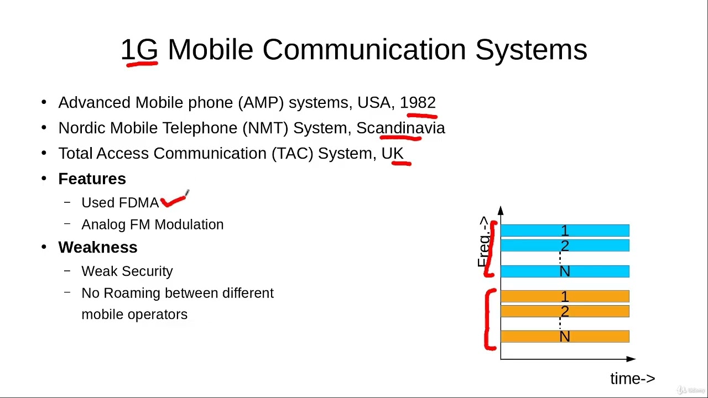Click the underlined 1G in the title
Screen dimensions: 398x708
(139, 50)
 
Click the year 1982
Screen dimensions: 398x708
(418, 103)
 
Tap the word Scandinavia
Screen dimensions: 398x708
(400, 128)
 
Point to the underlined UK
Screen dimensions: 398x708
(393, 154)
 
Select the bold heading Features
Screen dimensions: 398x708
(92, 179)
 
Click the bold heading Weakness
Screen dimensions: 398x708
(98, 248)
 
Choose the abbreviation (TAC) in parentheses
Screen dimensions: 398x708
(293, 154)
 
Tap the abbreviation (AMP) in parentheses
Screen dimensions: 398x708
(261, 103)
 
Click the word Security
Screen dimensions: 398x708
(149, 271)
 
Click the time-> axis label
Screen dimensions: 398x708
(632, 379)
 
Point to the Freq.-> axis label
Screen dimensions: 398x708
(483, 242)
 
